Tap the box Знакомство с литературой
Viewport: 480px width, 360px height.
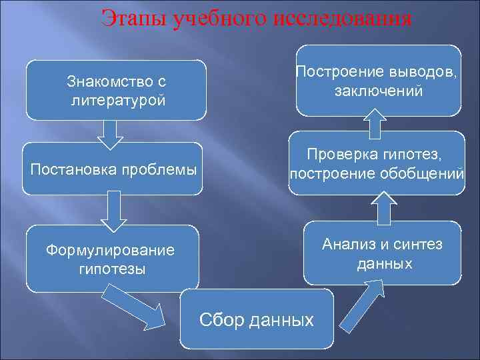tap(116, 90)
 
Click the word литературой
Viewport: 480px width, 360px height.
tap(116, 101)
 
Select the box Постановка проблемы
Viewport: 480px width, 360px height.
tap(113, 169)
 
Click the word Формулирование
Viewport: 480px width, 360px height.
tap(111, 251)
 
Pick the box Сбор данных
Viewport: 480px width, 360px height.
tap(257, 319)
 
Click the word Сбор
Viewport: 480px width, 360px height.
tap(222, 320)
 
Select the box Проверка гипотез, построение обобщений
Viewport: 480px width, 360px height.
tap(377, 163)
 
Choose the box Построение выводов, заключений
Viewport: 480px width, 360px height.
tap(378, 80)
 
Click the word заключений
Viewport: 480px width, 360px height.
tap(379, 91)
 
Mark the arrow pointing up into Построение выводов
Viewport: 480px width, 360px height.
tap(375, 124)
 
